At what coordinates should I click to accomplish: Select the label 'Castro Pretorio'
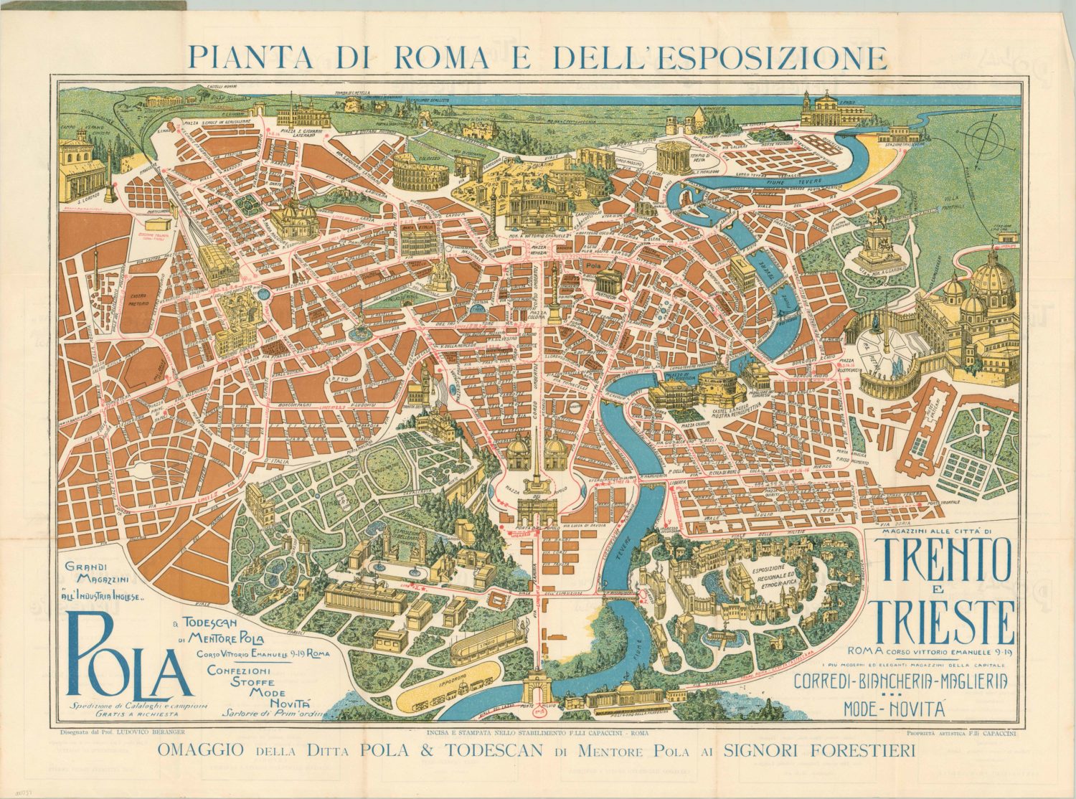point(138,299)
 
